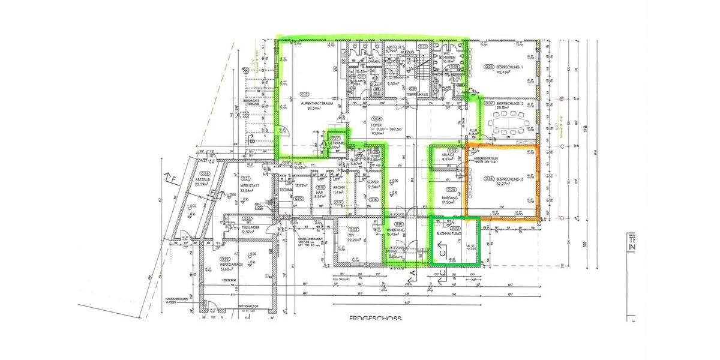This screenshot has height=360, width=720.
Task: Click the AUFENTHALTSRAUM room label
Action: (x=317, y=103)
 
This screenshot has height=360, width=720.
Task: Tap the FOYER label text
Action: (x=376, y=125)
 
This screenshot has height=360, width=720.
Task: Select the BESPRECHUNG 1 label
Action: (x=509, y=67)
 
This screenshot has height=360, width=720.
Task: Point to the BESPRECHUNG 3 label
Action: (x=510, y=178)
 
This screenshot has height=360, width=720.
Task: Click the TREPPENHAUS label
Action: (x=416, y=94)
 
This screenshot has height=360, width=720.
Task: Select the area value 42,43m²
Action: (x=503, y=72)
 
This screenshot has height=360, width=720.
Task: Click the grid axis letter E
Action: (x=561, y=265)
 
